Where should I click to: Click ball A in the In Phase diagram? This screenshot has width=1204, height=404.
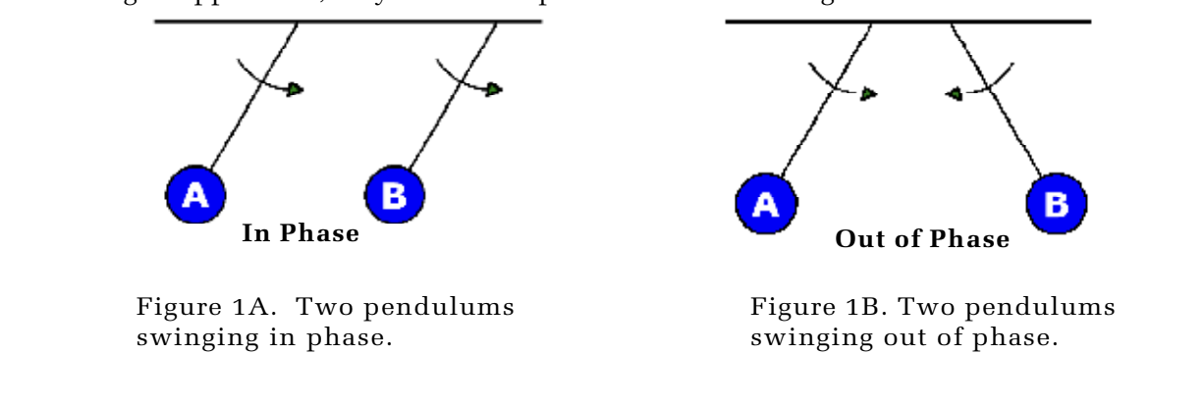tap(195, 195)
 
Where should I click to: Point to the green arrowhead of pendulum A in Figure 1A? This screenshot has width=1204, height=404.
tap(295, 90)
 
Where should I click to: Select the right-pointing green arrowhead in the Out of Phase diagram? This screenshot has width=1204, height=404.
tap(867, 94)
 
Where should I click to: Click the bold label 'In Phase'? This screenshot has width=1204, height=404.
tap(300, 235)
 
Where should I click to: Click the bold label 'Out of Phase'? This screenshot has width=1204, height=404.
tap(922, 239)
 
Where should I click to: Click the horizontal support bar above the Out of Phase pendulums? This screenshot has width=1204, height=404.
tap(907, 22)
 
